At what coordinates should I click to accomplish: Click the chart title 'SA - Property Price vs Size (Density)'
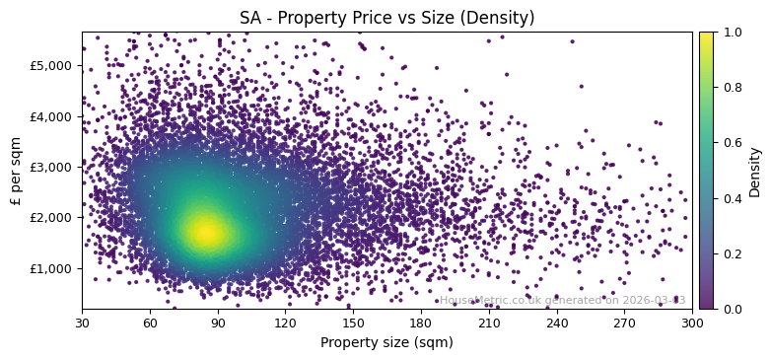[386, 18]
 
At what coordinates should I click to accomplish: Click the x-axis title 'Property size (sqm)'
[386, 343]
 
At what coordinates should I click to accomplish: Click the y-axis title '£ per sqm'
[16, 171]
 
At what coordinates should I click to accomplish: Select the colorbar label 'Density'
[755, 171]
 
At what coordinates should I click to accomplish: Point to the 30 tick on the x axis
[82, 323]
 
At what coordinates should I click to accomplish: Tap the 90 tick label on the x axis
[218, 323]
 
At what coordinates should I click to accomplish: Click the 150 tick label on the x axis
[353, 323]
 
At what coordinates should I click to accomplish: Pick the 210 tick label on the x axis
[489, 323]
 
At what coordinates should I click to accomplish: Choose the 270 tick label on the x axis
[624, 323]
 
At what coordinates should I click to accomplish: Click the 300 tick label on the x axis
[692, 323]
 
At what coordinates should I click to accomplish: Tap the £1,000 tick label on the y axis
[55, 268]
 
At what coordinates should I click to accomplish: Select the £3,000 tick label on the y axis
[55, 167]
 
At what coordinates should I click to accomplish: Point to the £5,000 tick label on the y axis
[55, 65]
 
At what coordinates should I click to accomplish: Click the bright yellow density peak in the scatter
[205, 232]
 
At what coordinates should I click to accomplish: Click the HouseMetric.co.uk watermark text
[562, 300]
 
